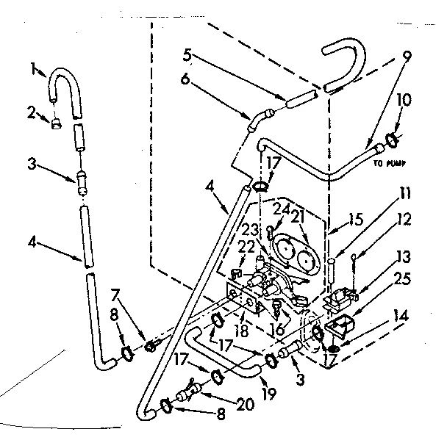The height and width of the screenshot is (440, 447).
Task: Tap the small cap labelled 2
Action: tap(55, 123)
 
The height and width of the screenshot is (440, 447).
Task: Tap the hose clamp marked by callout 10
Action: tap(393, 137)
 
